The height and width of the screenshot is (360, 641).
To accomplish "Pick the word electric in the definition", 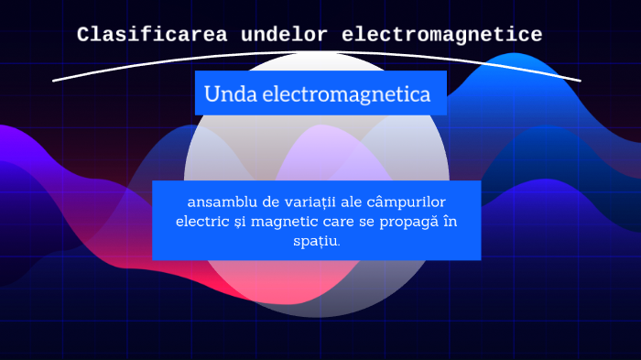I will coord(201,222).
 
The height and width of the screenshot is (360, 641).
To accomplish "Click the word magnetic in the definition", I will coord(285,222).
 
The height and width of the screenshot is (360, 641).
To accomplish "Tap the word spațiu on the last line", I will coord(316,241).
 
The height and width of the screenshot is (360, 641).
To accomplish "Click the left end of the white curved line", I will coord(54,81).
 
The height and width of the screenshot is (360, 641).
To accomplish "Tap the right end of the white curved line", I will coord(580,81).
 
